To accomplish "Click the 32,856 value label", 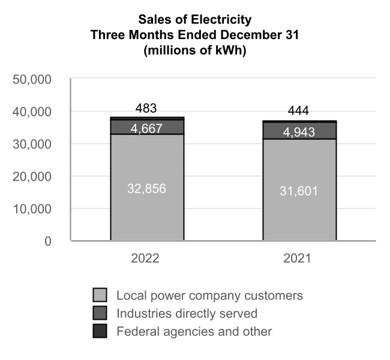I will [x=146, y=188].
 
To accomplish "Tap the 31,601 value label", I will [x=298, y=191].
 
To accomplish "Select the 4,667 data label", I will [x=146, y=128].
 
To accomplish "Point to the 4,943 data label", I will [x=298, y=131].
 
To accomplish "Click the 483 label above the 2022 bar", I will [x=146, y=109].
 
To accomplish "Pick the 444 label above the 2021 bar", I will [x=298, y=112].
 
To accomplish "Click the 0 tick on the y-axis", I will [x=47, y=241].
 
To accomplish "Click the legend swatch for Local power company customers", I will [x=100, y=295].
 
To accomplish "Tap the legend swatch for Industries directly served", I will [x=100, y=313].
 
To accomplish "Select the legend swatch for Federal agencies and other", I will [x=100, y=331].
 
